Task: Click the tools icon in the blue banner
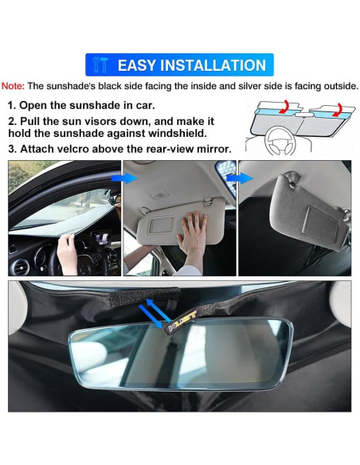coord(100,65)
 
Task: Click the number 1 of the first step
coord(13,105)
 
